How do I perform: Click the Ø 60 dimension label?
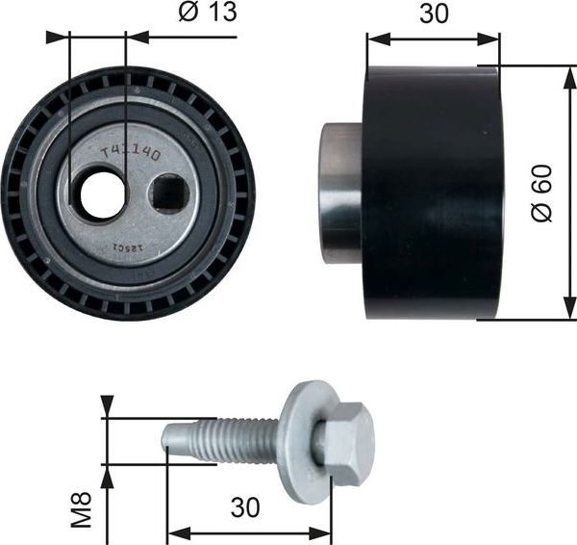click(x=545, y=192)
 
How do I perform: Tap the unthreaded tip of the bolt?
click(x=172, y=437)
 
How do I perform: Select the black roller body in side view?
click(x=431, y=192)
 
